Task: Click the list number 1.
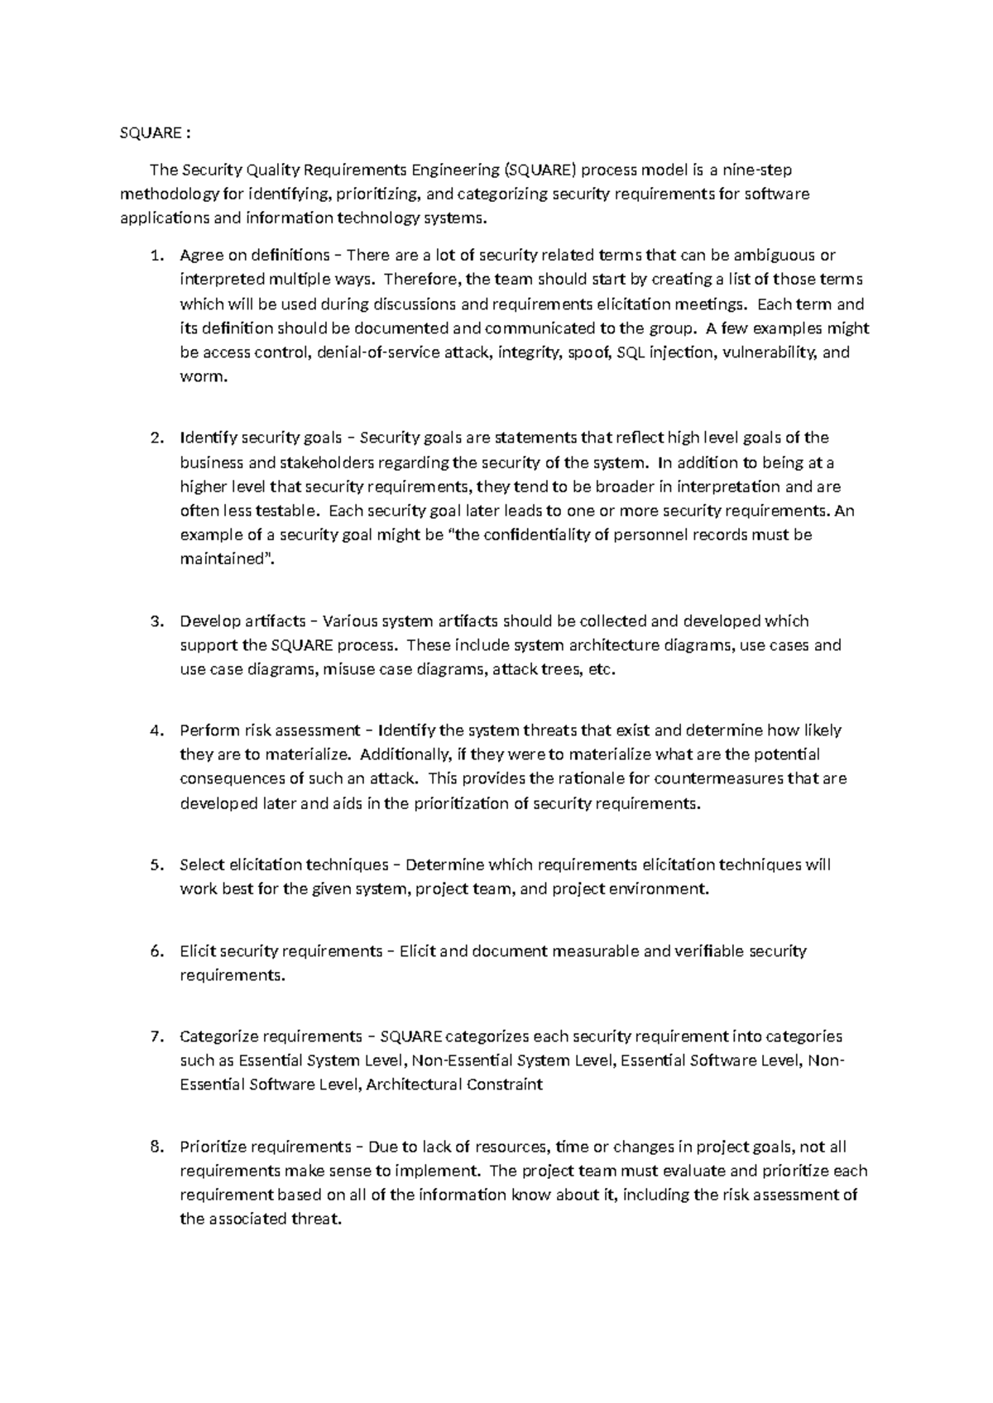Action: tap(156, 255)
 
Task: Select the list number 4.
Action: tap(156, 730)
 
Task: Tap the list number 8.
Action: tap(156, 1147)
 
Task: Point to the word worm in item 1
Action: tap(202, 376)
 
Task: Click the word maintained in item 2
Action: tap(221, 559)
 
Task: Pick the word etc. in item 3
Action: tap(602, 669)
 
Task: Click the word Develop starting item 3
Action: tap(208, 621)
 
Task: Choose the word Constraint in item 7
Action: tap(504, 1085)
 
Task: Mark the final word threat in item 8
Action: tap(317, 1219)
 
